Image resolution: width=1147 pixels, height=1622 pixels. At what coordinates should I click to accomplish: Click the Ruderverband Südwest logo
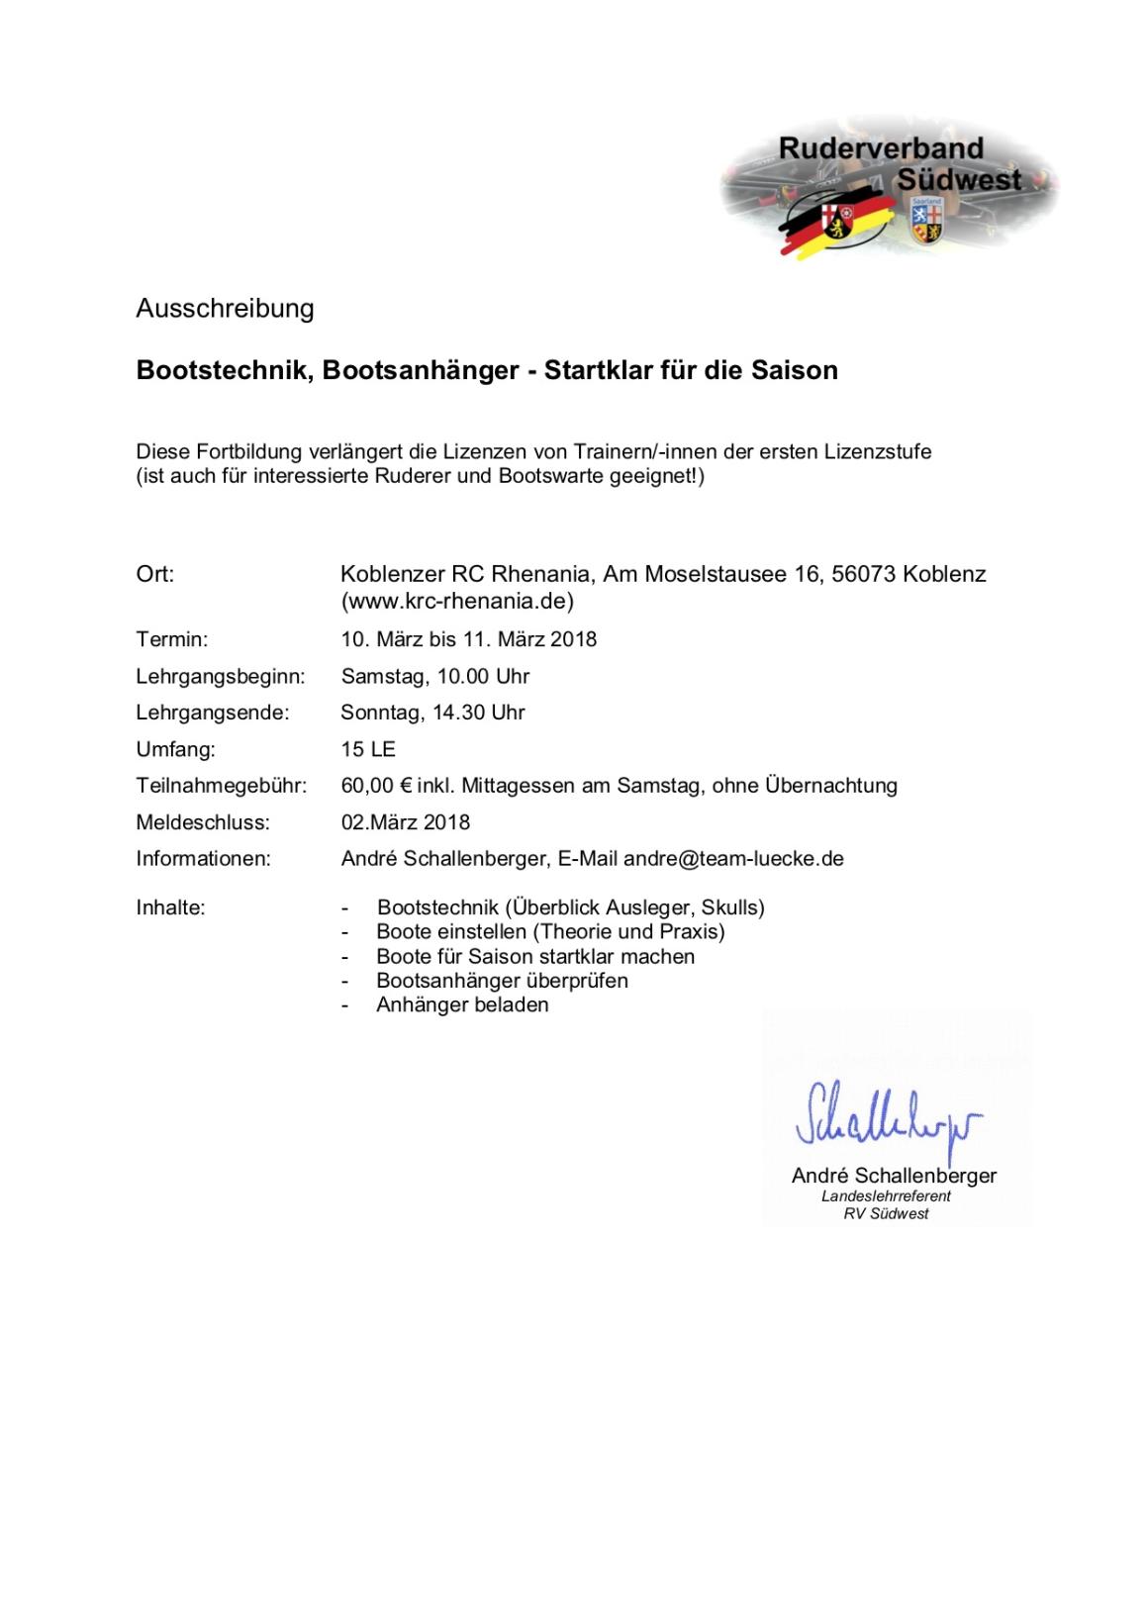pyautogui.click(x=889, y=189)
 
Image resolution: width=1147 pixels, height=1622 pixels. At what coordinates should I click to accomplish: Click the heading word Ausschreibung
pyautogui.click(x=225, y=309)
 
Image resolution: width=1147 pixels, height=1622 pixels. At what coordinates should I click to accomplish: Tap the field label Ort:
pyautogui.click(x=154, y=574)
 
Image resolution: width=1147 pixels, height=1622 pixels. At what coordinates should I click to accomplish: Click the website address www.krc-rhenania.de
pyautogui.click(x=457, y=601)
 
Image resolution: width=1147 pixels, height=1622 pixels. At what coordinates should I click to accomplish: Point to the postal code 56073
pyautogui.click(x=864, y=574)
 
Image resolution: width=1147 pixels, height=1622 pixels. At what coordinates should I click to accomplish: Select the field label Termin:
pyautogui.click(x=172, y=639)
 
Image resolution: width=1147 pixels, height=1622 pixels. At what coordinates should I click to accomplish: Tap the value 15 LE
pyautogui.click(x=368, y=749)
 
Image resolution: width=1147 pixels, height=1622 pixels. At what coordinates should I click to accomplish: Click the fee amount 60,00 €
pyautogui.click(x=376, y=786)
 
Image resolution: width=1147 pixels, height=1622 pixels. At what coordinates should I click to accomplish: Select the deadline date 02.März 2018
pyautogui.click(x=406, y=822)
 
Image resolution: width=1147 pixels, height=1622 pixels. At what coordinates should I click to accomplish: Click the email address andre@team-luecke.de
pyautogui.click(x=733, y=859)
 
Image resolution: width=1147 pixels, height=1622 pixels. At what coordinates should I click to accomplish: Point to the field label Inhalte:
pyautogui.click(x=170, y=907)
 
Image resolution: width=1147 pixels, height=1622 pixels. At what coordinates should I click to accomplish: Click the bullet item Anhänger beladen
pyautogui.click(x=462, y=1005)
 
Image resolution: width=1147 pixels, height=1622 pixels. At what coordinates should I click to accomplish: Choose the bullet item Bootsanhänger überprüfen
pyautogui.click(x=502, y=981)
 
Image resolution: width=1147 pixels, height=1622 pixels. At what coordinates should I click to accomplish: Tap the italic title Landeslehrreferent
pyautogui.click(x=886, y=1196)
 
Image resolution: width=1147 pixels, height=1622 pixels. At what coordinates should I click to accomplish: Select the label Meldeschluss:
pyautogui.click(x=203, y=822)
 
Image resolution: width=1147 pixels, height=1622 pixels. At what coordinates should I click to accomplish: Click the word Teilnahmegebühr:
pyautogui.click(x=222, y=786)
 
